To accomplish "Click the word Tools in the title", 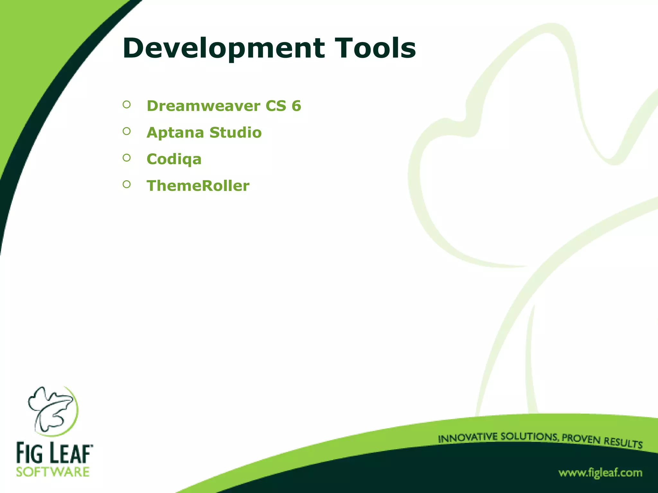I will pos(375,48).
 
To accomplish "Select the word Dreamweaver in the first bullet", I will pos(203,106).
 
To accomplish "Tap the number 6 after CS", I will pos(296,106).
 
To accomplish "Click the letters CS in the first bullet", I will pos(276,106).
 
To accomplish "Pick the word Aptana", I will pos(175,133).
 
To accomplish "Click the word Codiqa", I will pos(174,159).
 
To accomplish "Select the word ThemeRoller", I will pos(198,186).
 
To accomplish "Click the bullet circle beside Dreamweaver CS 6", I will pos(127,104).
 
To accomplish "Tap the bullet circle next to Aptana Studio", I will pos(127,131).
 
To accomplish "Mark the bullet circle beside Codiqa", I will pos(127,158).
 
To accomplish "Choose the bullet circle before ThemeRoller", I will pos(127,184).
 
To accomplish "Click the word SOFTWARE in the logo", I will pos(53,472).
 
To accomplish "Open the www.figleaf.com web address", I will pos(600,473).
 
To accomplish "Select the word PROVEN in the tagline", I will pos(581,439).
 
